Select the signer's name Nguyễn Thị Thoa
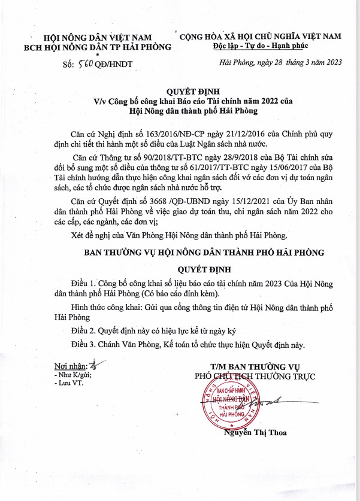pos(254,432)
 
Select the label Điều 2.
pos(83,330)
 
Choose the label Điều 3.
pos(83,345)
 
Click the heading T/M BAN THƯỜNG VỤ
pos(255,366)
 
